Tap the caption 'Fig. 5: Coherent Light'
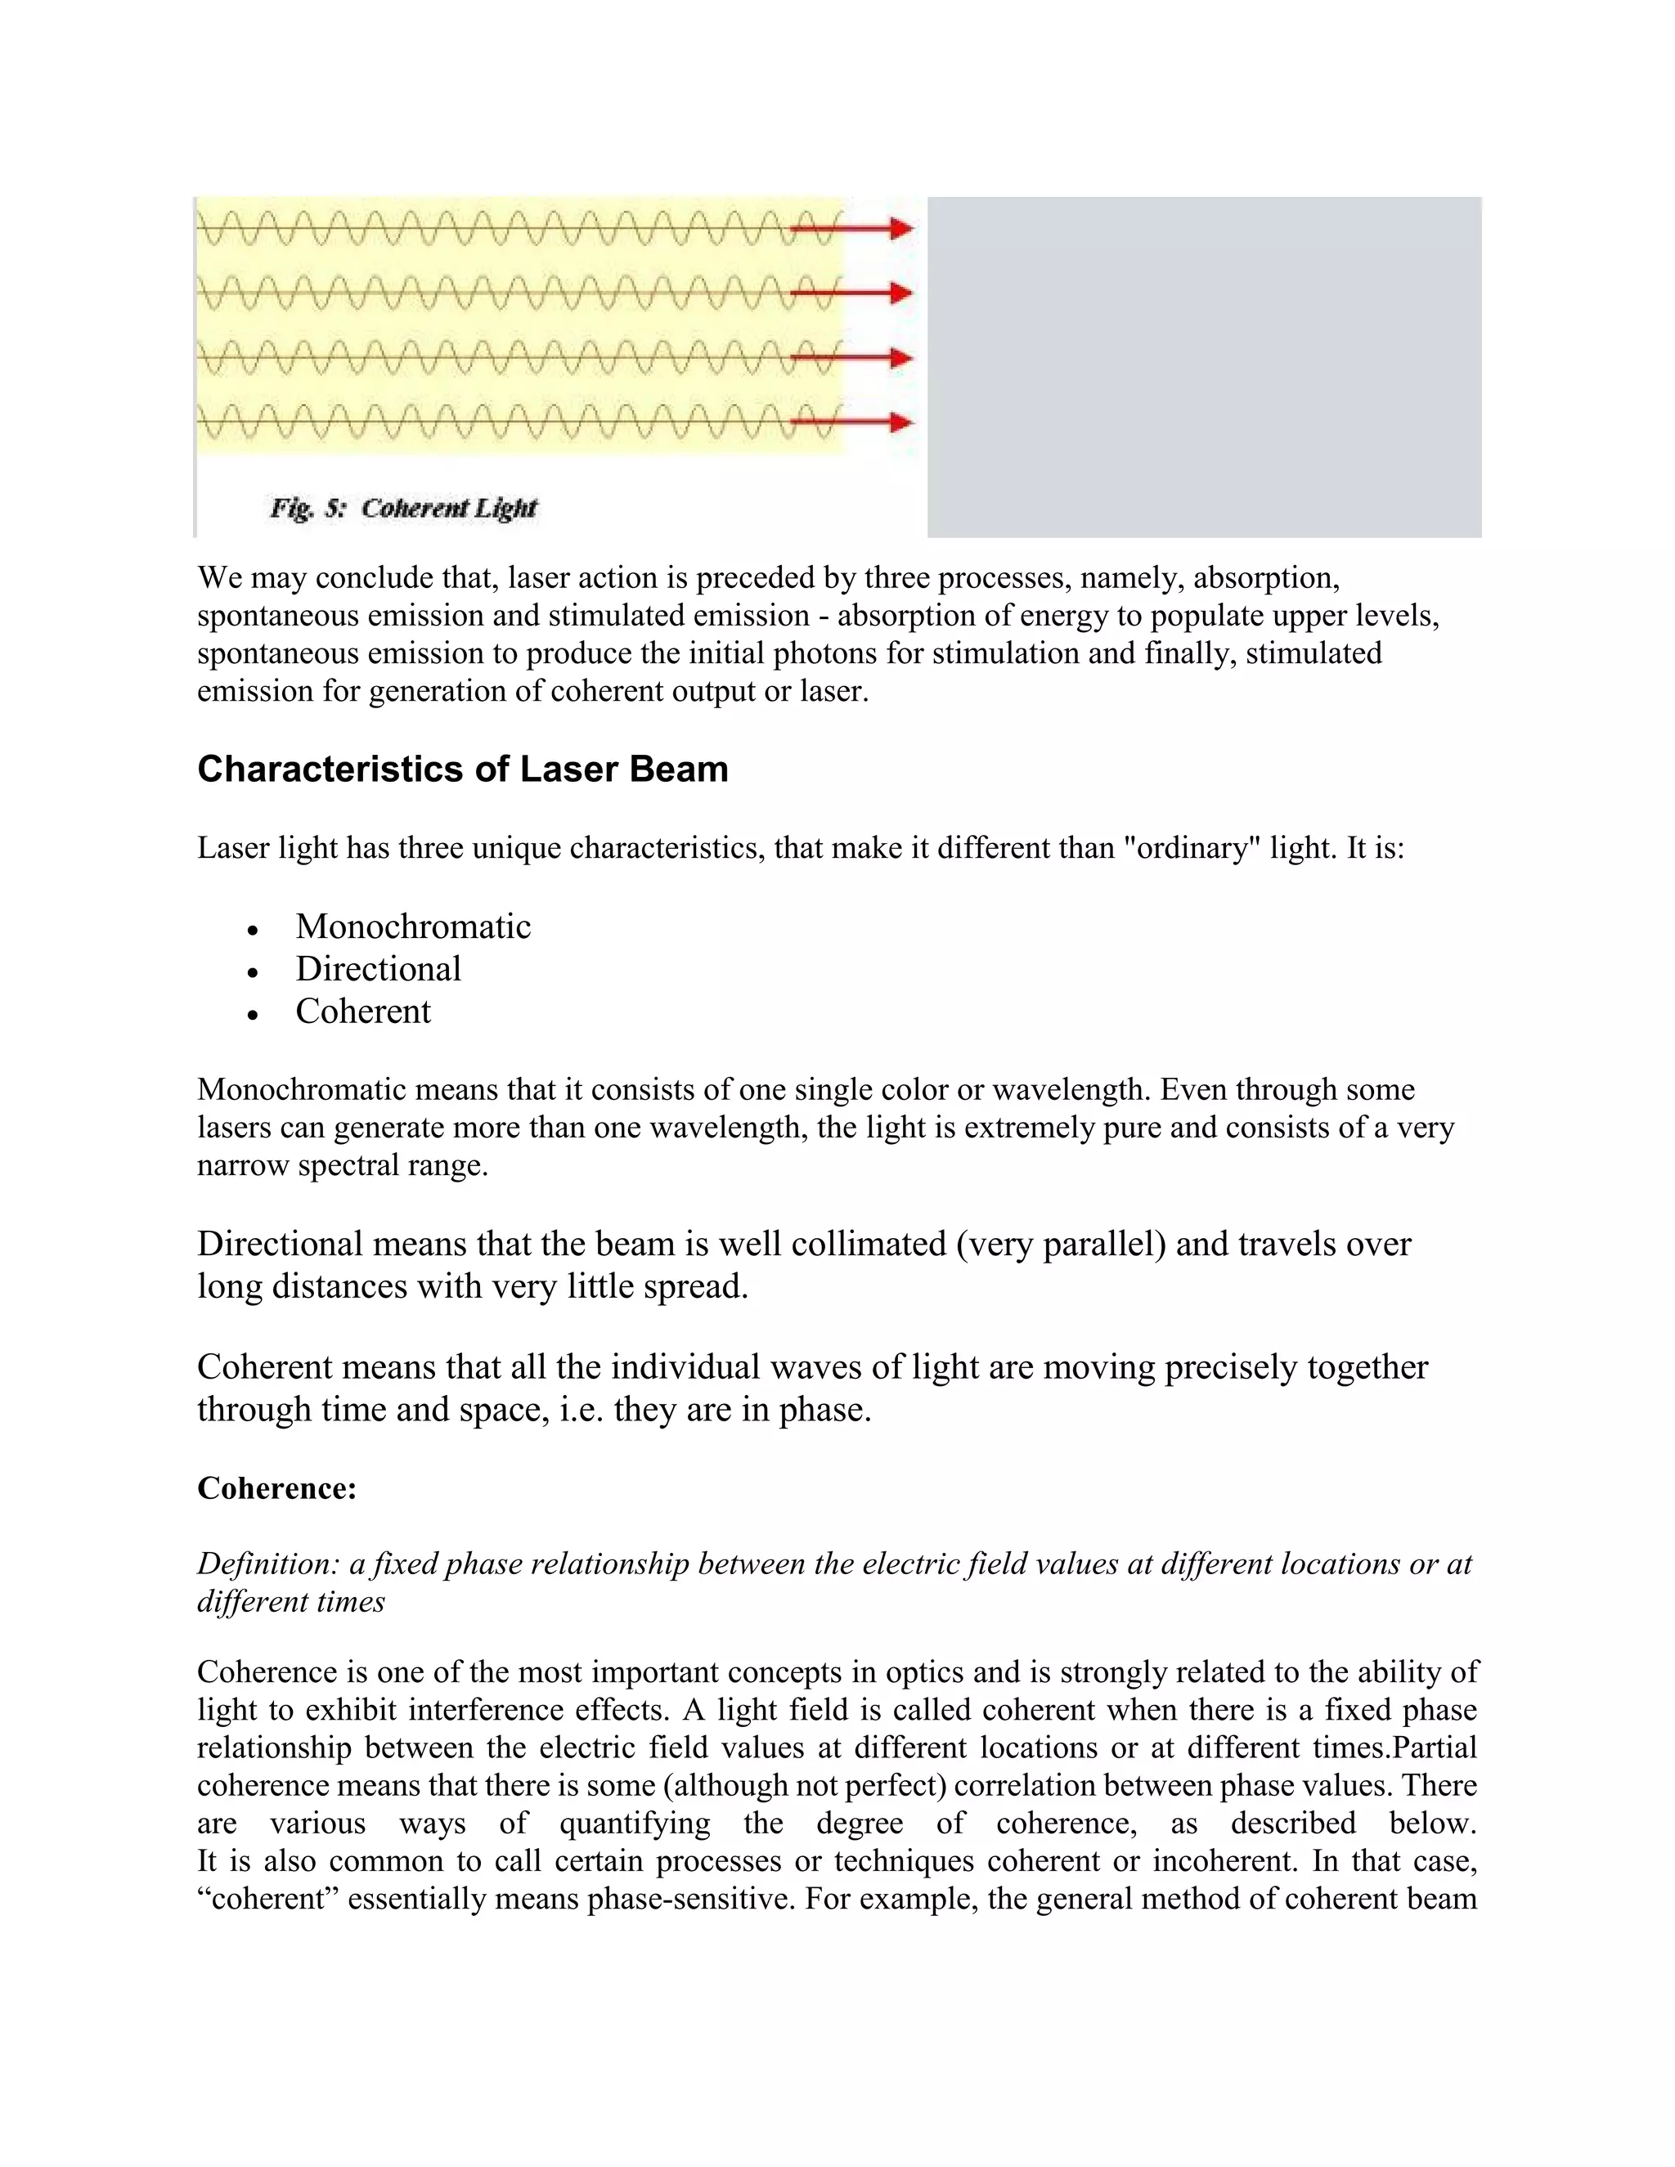(x=403, y=508)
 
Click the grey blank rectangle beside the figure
(x=1204, y=367)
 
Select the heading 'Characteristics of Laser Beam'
(x=462, y=769)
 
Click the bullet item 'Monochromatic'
(x=413, y=926)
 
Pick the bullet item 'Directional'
(x=378, y=968)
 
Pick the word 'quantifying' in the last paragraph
(x=635, y=1823)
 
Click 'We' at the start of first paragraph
(x=218, y=577)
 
